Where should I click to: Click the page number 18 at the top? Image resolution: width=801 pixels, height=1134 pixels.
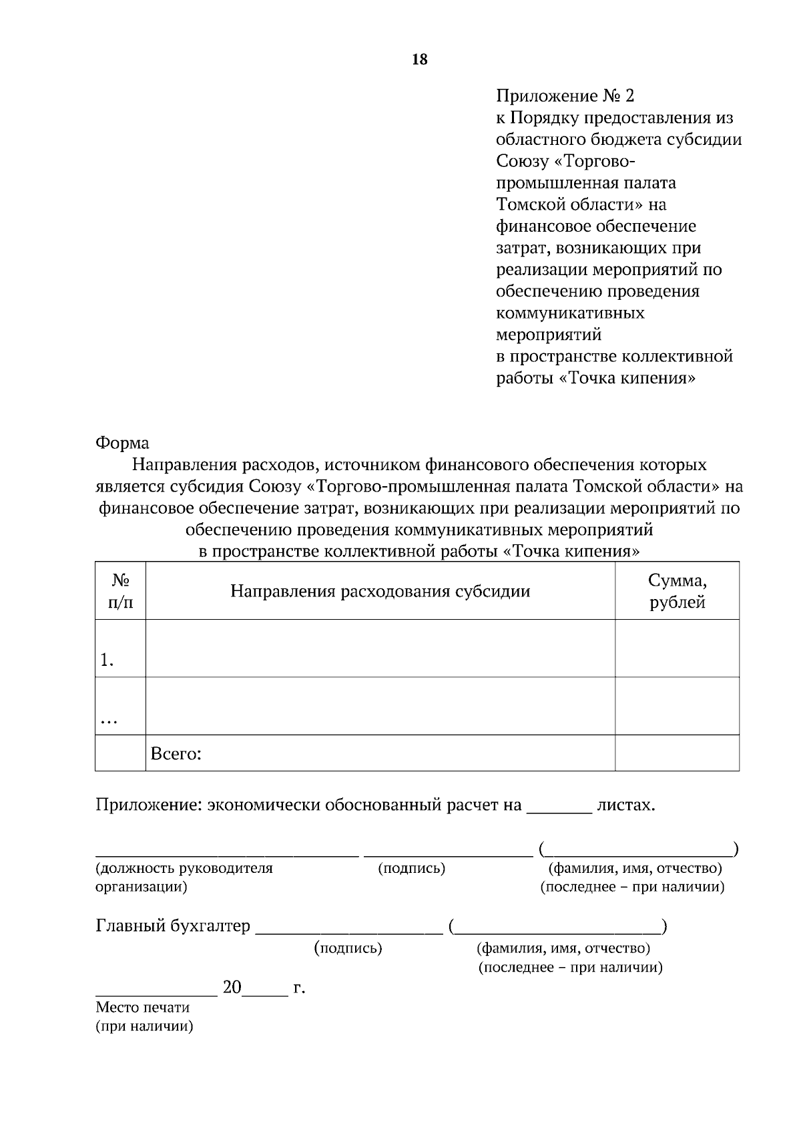click(x=420, y=59)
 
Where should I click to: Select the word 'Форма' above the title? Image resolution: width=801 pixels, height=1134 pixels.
click(x=122, y=443)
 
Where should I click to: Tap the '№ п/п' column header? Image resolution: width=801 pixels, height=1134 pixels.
click(x=120, y=591)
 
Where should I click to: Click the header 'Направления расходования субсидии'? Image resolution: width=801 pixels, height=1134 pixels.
click(x=380, y=591)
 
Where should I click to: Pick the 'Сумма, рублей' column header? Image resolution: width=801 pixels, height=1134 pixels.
click(x=677, y=591)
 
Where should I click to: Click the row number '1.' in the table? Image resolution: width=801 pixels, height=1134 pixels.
click(x=107, y=660)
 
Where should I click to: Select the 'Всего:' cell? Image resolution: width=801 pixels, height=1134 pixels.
click(x=176, y=754)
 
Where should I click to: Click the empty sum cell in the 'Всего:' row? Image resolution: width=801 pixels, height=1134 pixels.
click(x=677, y=753)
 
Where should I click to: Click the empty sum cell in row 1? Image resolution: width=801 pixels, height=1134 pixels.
click(x=677, y=648)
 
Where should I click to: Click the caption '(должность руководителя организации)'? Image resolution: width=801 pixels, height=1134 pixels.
click(x=184, y=878)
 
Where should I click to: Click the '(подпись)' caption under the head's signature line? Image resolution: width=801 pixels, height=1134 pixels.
click(x=411, y=868)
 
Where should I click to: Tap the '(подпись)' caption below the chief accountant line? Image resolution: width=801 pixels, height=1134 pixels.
click(x=348, y=948)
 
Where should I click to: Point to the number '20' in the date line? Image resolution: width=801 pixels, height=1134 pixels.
click(x=232, y=987)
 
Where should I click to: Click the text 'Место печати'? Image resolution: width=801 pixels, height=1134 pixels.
click(x=143, y=1007)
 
